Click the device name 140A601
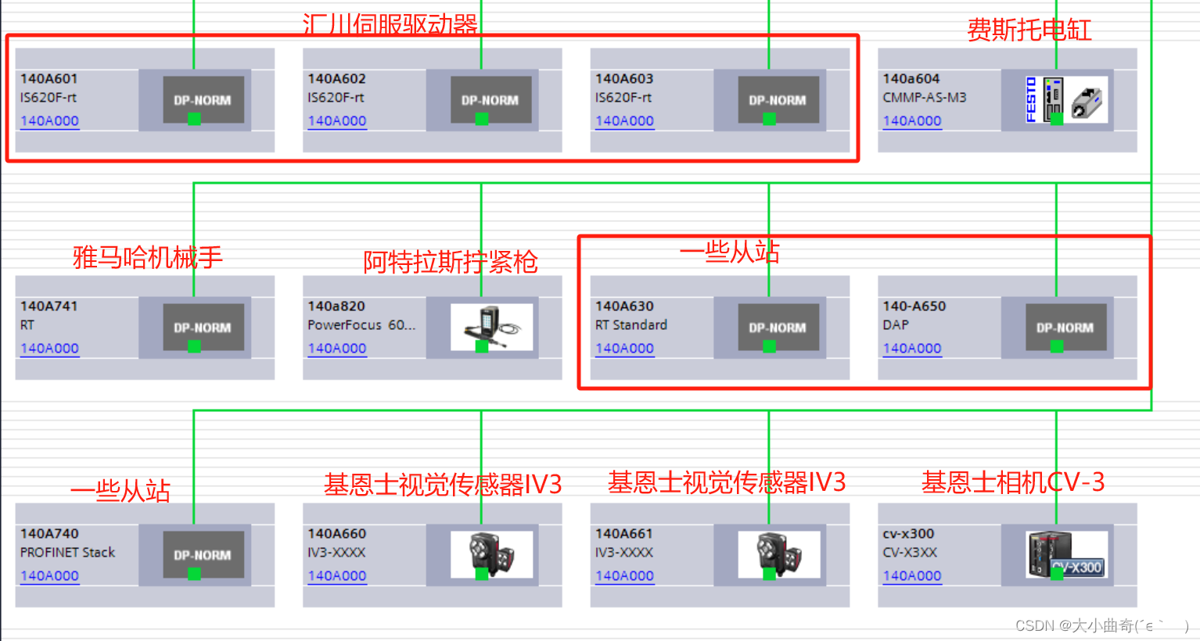(x=49, y=79)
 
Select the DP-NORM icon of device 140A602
(x=490, y=99)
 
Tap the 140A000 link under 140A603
(x=624, y=121)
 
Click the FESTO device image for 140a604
(x=1066, y=99)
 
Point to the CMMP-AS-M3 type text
(x=925, y=98)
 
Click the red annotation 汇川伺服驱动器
(x=390, y=24)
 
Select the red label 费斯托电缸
(x=1029, y=30)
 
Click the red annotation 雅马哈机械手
(x=147, y=257)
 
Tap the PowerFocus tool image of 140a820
(x=491, y=327)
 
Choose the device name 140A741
(x=49, y=306)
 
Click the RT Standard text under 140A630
(x=631, y=325)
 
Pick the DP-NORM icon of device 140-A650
(x=1065, y=327)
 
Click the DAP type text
(x=896, y=325)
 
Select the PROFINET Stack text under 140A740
(x=67, y=553)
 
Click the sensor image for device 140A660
(x=491, y=554)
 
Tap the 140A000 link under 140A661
(x=624, y=576)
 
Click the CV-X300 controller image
(x=1066, y=554)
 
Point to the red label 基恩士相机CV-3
(x=1013, y=482)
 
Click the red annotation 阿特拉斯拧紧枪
(x=450, y=262)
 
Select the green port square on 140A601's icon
(x=194, y=119)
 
